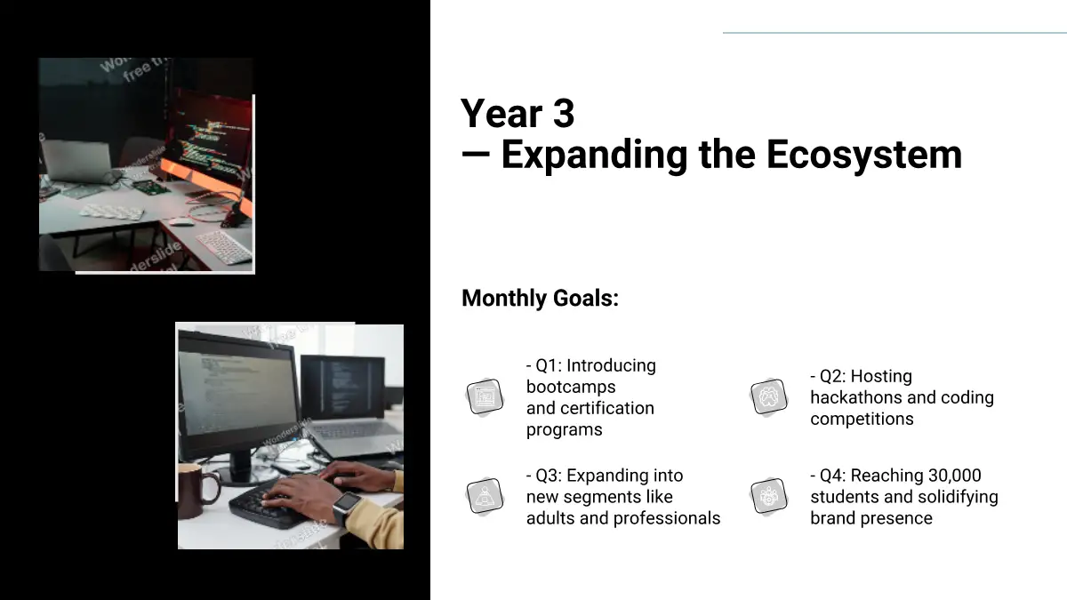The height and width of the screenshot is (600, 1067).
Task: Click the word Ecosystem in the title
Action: coord(864,156)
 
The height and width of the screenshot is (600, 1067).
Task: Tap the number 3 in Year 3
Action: coord(564,114)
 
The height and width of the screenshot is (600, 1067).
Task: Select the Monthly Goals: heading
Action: coord(541,299)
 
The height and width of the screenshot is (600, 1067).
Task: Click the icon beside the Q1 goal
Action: coord(485,396)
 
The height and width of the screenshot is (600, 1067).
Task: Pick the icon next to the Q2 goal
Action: coord(768,396)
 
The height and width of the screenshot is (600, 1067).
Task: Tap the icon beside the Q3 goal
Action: coord(485,496)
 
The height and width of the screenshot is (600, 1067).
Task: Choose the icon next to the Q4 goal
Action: coord(768,496)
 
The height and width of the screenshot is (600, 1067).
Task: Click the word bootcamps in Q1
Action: coord(571,387)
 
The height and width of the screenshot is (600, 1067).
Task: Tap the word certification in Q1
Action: coord(607,408)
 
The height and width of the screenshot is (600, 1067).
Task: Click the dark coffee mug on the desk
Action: coord(197,491)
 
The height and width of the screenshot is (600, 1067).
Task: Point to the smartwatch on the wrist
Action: coord(346,507)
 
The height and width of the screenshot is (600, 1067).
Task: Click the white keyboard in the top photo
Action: coord(224,247)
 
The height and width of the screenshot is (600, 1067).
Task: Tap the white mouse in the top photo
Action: coord(181,221)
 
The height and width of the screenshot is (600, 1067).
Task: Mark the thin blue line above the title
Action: coord(895,33)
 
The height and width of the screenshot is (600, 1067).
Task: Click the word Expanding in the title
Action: coord(594,156)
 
